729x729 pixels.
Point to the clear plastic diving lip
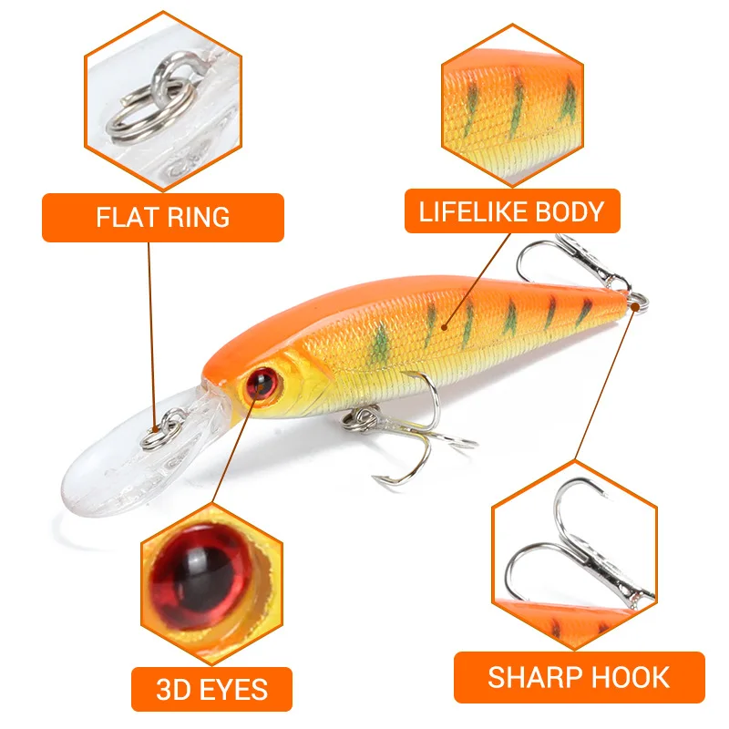click(x=109, y=465)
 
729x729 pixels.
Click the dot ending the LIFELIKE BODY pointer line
click(x=443, y=323)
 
